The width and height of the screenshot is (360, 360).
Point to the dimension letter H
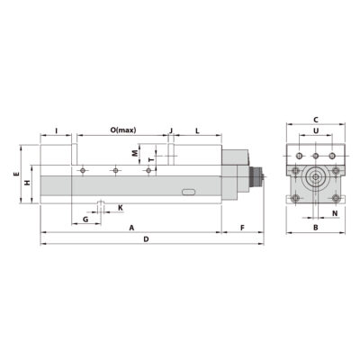click(27, 183)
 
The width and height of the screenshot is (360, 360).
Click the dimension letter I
click(57, 131)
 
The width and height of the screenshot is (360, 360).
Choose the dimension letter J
click(170, 131)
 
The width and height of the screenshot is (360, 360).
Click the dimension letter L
click(197, 131)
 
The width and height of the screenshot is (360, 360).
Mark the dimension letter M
click(135, 153)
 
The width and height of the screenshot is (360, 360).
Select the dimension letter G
click(85, 219)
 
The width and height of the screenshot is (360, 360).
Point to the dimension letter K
click(121, 208)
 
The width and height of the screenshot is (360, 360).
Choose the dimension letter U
click(316, 131)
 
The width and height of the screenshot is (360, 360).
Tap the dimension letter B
click(315, 228)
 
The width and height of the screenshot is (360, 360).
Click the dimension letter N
click(334, 214)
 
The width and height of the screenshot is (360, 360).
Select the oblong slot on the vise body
click(188, 191)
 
